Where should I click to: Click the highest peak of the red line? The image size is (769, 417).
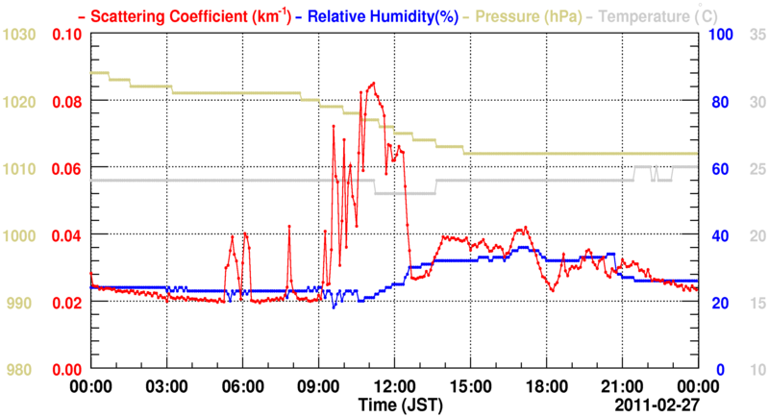point(372,84)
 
